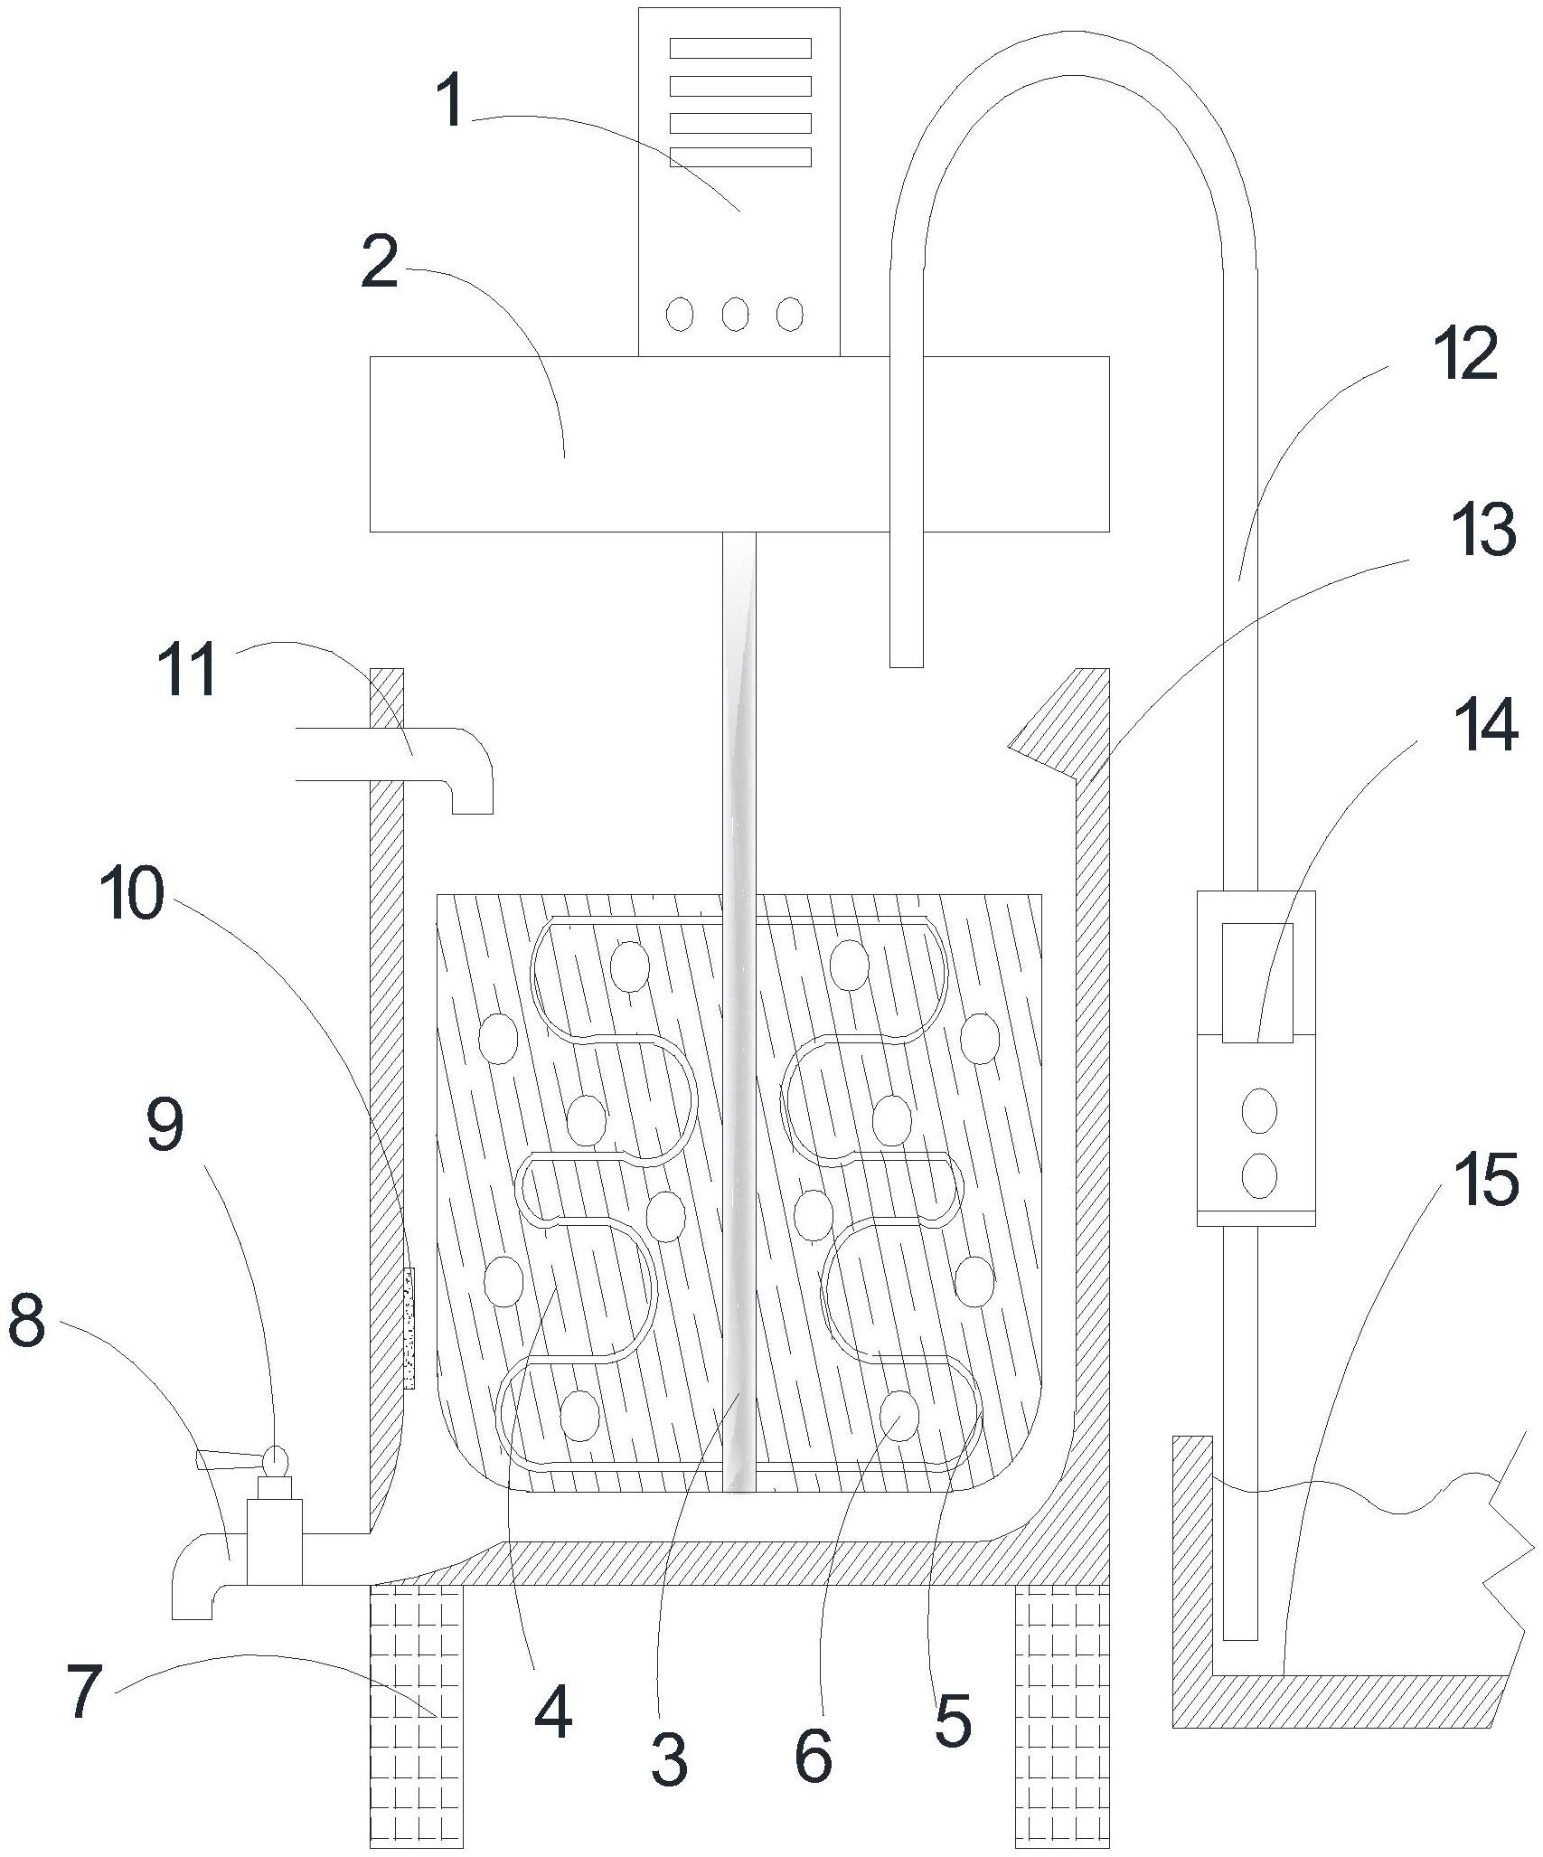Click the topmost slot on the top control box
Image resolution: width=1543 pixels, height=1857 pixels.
[740, 48]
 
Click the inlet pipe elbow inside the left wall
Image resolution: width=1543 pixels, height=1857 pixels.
[471, 769]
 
